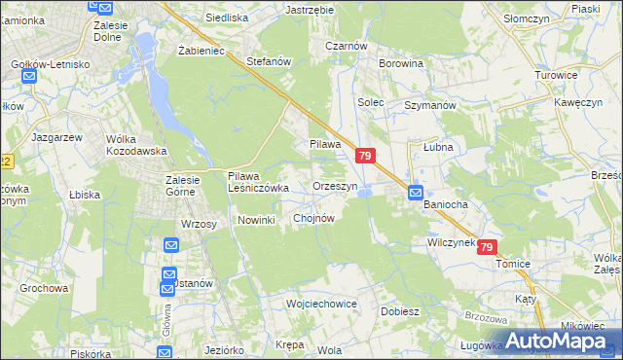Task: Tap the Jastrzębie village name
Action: pyautogui.click(x=310, y=9)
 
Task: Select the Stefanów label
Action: pyautogui.click(x=270, y=61)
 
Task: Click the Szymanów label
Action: pyautogui.click(x=430, y=104)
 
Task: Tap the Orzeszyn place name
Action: pyautogui.click(x=336, y=185)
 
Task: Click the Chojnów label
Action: pyautogui.click(x=313, y=218)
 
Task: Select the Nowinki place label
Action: pyautogui.click(x=257, y=220)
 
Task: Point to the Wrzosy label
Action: pyautogui.click(x=198, y=224)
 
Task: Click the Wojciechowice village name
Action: pyautogui.click(x=321, y=304)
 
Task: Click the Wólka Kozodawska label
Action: pyautogui.click(x=137, y=145)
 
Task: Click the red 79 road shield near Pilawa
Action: pyautogui.click(x=365, y=156)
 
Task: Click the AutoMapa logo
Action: pyautogui.click(x=552, y=342)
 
